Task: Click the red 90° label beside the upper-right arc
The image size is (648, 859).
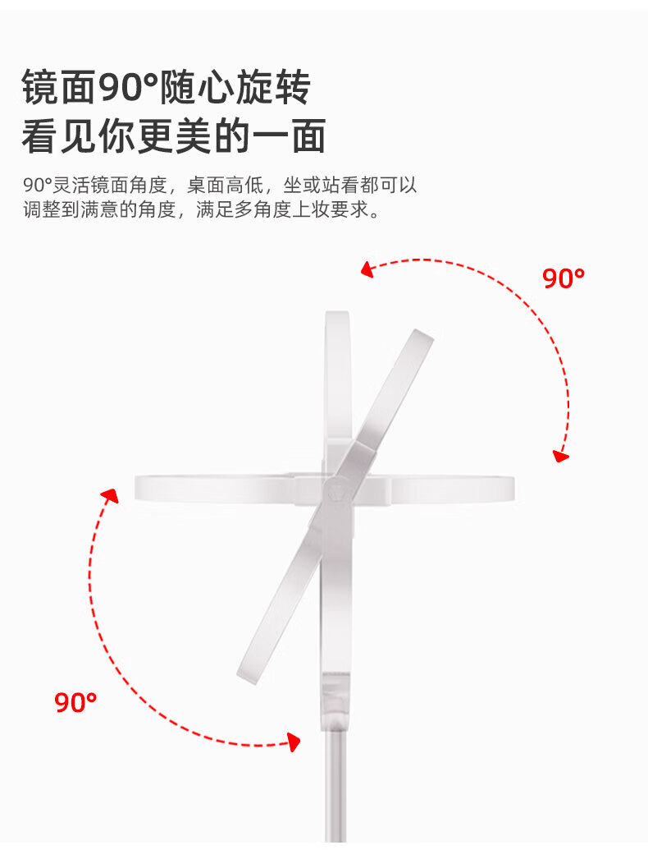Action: point(564,278)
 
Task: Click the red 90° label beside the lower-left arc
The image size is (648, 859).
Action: point(75,702)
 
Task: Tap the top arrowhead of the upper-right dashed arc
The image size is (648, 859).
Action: point(367,269)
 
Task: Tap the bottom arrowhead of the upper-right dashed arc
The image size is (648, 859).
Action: point(561,454)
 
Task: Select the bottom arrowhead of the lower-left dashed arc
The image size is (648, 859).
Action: point(293,742)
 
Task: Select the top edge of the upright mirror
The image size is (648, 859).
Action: point(337,315)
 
